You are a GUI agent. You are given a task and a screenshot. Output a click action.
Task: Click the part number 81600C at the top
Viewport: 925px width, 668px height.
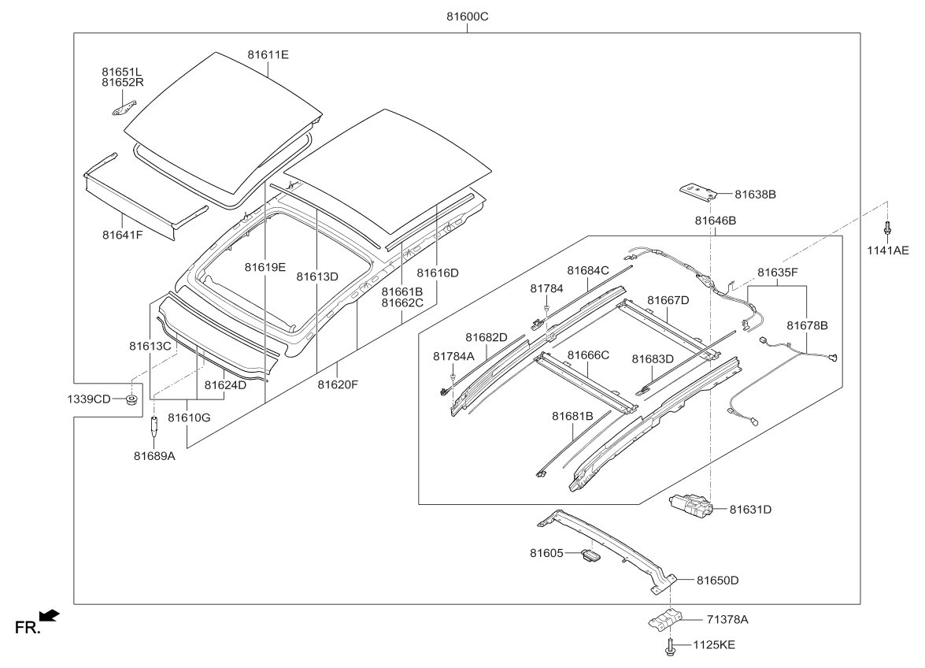pos(467,17)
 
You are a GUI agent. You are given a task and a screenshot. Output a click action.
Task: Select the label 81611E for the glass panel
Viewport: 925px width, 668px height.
pos(268,54)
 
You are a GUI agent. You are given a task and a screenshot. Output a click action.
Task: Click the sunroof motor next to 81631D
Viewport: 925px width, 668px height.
pos(690,506)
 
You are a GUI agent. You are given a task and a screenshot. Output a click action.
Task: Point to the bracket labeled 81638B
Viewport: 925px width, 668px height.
pos(698,191)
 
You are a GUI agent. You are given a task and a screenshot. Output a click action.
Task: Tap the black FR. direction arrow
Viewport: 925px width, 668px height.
pos(48,614)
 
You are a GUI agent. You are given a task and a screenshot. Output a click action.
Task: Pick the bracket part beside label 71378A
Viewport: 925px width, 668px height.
pos(664,619)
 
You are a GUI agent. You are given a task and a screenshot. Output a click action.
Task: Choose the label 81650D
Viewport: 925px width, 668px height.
pos(717,581)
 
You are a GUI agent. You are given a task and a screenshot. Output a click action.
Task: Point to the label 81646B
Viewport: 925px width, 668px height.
pos(715,221)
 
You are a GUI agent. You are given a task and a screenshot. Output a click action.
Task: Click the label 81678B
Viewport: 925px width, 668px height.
pos(807,325)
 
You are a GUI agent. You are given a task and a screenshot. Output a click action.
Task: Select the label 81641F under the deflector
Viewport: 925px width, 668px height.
pos(122,234)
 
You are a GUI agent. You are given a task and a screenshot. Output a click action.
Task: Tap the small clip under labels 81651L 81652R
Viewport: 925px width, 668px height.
pos(123,106)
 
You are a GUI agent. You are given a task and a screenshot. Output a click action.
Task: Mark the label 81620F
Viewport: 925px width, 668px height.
pos(338,384)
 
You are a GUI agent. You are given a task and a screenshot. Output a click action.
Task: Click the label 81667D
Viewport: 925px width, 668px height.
pos(668,300)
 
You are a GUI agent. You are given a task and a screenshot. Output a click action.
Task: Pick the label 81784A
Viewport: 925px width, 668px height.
pos(454,356)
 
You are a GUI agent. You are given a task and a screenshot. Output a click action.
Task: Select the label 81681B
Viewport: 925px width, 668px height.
pos(572,415)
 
